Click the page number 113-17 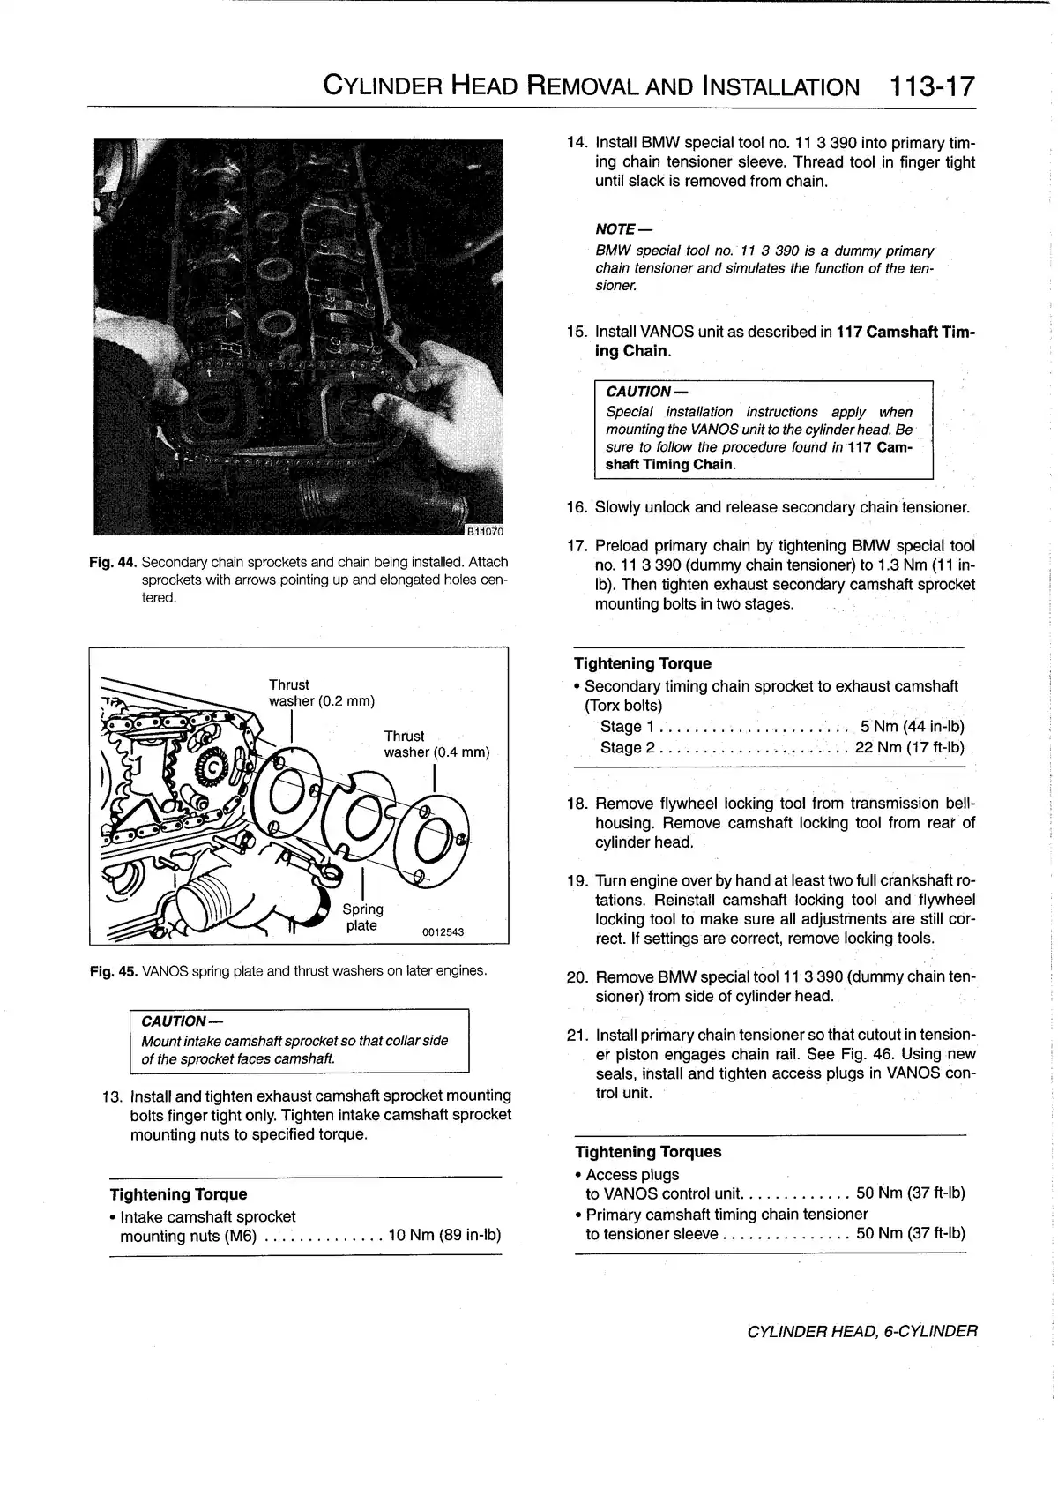click(933, 86)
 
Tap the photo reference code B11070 click(484, 531)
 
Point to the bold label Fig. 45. click(114, 971)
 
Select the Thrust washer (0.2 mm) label click(321, 693)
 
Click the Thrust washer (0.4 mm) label click(436, 744)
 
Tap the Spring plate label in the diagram click(362, 917)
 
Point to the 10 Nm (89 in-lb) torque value click(443, 1236)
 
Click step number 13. click(112, 1096)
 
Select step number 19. click(577, 881)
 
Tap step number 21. click(577, 1035)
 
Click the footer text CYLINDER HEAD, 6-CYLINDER click(861, 1331)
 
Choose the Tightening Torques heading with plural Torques click(648, 1152)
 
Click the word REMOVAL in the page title click(582, 86)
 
